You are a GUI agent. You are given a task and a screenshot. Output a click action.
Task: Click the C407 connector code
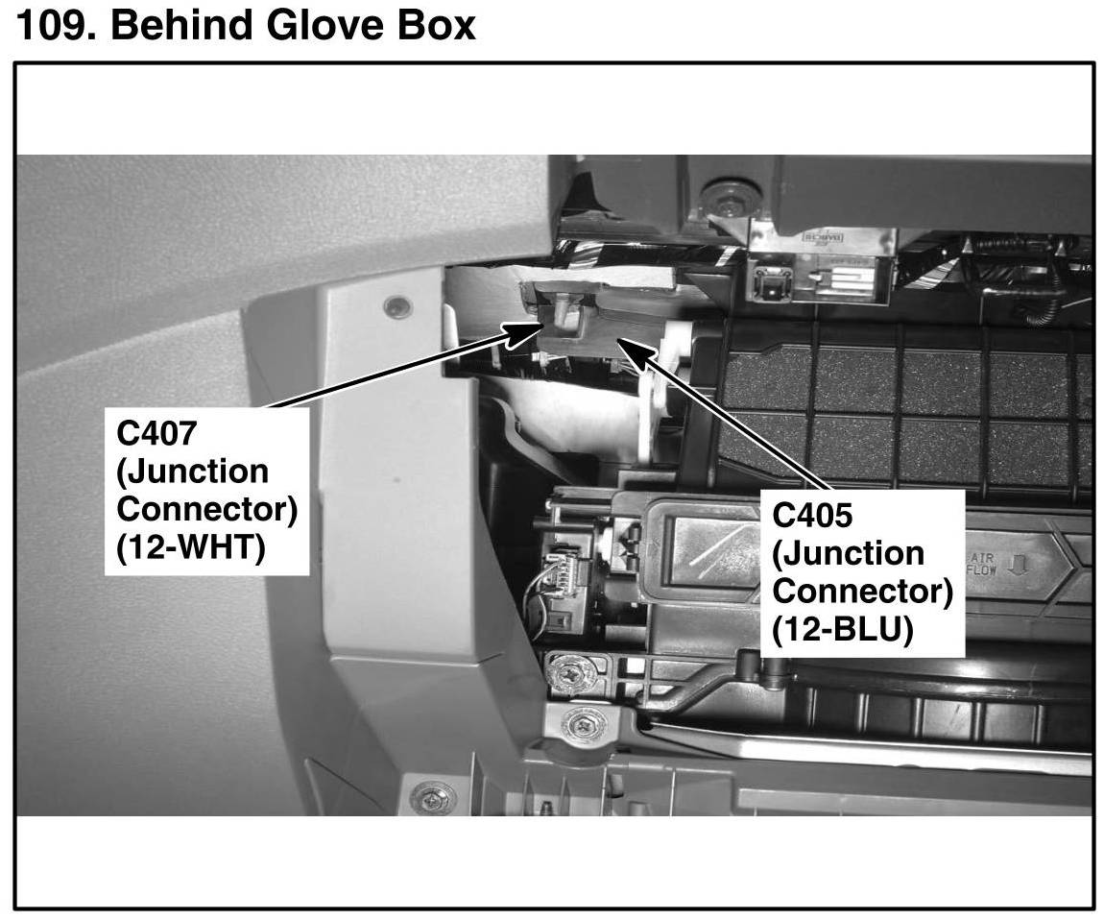(x=156, y=433)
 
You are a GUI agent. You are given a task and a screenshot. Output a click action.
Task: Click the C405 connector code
(x=812, y=516)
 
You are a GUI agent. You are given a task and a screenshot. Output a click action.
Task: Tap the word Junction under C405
(x=848, y=555)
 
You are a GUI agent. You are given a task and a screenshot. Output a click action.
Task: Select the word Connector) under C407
(x=206, y=510)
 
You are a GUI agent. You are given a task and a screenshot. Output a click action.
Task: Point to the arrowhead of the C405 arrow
(x=622, y=342)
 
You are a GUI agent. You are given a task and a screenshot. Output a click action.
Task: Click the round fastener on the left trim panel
(x=396, y=306)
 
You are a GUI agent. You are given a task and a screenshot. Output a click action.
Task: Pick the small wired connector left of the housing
(x=558, y=581)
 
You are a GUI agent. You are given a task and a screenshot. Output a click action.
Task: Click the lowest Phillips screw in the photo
(x=433, y=798)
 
